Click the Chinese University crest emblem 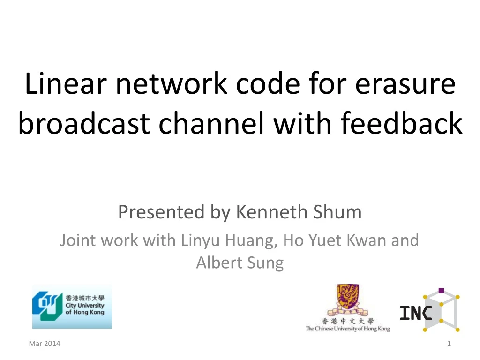[x=347, y=300]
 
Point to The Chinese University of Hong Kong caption [x=347, y=329]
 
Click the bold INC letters [x=415, y=313]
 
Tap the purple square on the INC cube [x=441, y=291]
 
